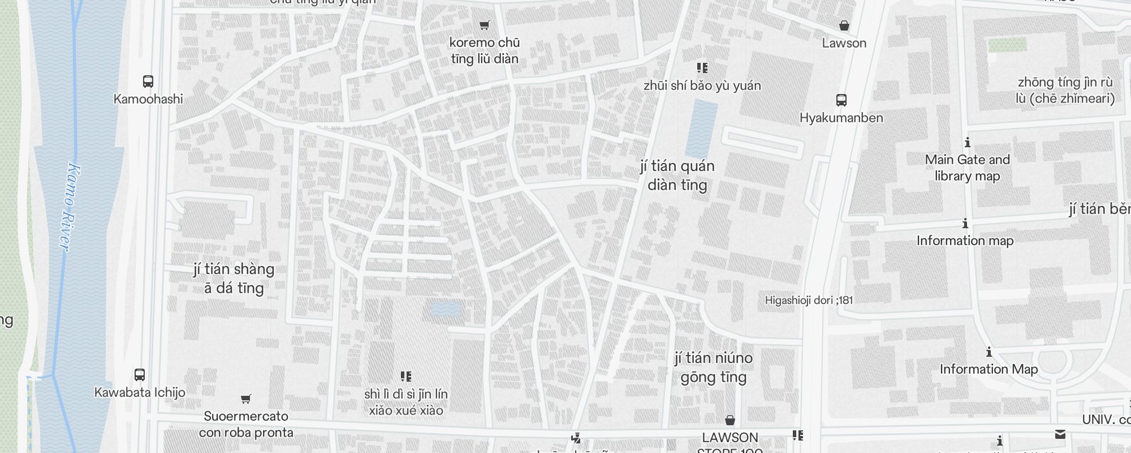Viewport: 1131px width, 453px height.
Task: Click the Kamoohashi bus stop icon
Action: tap(148, 82)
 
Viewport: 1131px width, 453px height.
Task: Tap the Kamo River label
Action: tap(70, 207)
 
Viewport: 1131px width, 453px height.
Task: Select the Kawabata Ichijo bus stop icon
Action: tap(139, 375)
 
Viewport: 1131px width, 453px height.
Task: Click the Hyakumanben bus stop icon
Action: tap(841, 101)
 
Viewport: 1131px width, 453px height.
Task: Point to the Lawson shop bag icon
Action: tap(844, 25)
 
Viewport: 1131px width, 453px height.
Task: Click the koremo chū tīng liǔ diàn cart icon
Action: tap(484, 25)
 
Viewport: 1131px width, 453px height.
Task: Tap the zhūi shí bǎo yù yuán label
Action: tap(702, 86)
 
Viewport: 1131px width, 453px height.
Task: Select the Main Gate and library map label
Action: tap(967, 168)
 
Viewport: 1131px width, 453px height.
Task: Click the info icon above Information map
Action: tap(965, 224)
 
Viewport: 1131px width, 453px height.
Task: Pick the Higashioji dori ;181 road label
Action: tap(808, 300)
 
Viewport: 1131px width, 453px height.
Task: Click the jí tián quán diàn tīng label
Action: tap(677, 175)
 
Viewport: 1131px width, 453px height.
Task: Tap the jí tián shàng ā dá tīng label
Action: tap(234, 278)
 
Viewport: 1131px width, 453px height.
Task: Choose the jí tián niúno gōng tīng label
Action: tap(713, 367)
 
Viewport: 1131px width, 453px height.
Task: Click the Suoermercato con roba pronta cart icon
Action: tap(245, 399)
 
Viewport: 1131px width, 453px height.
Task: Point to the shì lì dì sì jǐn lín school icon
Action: tap(405, 377)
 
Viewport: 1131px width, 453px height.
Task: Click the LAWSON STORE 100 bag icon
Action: tap(729, 420)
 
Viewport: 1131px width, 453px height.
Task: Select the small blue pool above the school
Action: tap(446, 309)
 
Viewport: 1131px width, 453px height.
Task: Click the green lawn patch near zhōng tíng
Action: tap(1007, 45)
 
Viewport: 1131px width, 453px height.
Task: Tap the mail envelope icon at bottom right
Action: tap(1060, 434)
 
